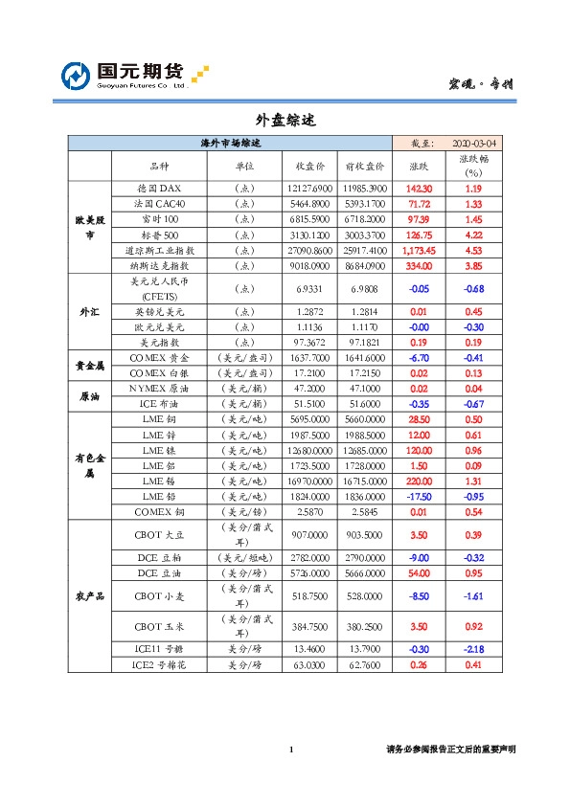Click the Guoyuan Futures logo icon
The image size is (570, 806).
click(77, 76)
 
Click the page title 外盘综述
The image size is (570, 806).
click(285, 122)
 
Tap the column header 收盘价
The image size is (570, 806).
click(308, 165)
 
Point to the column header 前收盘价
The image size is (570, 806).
click(364, 165)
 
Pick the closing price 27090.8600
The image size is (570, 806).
click(308, 250)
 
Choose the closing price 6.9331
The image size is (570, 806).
click(308, 288)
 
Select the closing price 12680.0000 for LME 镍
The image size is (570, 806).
click(308, 450)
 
